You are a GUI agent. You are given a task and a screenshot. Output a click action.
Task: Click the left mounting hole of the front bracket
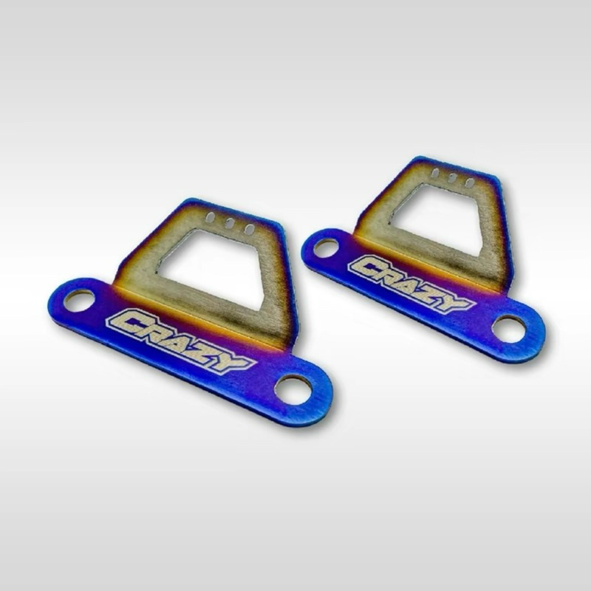[80, 301]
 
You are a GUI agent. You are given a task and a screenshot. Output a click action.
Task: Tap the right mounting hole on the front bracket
[294, 389]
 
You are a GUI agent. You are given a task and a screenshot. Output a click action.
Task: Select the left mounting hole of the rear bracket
[326, 248]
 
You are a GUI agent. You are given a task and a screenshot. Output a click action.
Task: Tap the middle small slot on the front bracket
[229, 224]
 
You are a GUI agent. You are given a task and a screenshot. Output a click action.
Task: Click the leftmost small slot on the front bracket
[211, 218]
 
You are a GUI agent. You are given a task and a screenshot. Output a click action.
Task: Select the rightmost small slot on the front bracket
[249, 229]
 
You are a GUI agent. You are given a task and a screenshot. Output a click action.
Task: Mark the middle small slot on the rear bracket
[451, 178]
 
